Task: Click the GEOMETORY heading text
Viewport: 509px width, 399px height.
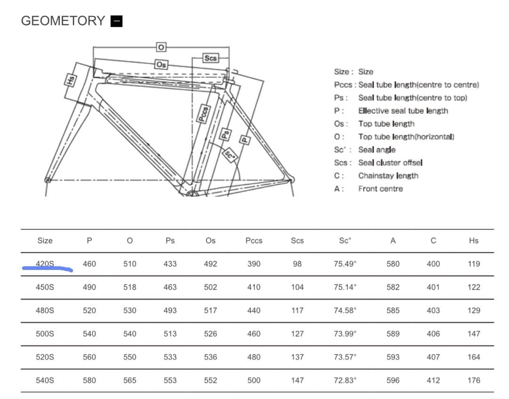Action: (x=63, y=21)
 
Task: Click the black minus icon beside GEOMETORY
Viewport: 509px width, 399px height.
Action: (x=116, y=21)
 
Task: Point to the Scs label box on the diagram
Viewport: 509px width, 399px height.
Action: (x=211, y=58)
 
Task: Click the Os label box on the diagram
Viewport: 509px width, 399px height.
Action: (x=161, y=64)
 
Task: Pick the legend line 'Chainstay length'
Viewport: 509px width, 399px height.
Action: (x=388, y=176)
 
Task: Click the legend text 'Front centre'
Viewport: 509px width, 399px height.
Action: (x=380, y=188)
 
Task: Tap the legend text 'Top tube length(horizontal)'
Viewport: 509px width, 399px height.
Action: (x=406, y=137)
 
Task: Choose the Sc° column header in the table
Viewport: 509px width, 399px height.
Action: (x=345, y=241)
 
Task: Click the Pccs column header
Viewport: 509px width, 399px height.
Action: (x=254, y=241)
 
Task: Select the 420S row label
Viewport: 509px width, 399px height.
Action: (x=45, y=264)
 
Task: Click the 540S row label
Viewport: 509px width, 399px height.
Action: (x=45, y=380)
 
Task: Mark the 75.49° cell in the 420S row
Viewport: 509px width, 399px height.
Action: (x=345, y=264)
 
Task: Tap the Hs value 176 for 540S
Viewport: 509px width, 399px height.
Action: (x=474, y=380)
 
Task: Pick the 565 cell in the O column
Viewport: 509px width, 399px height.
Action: (x=130, y=380)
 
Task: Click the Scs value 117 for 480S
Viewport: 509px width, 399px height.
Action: (x=297, y=310)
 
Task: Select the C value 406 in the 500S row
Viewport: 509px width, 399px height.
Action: (x=433, y=334)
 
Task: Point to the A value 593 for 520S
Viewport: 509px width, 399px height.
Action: (x=393, y=357)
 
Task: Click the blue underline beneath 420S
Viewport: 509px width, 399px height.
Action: (x=47, y=269)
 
